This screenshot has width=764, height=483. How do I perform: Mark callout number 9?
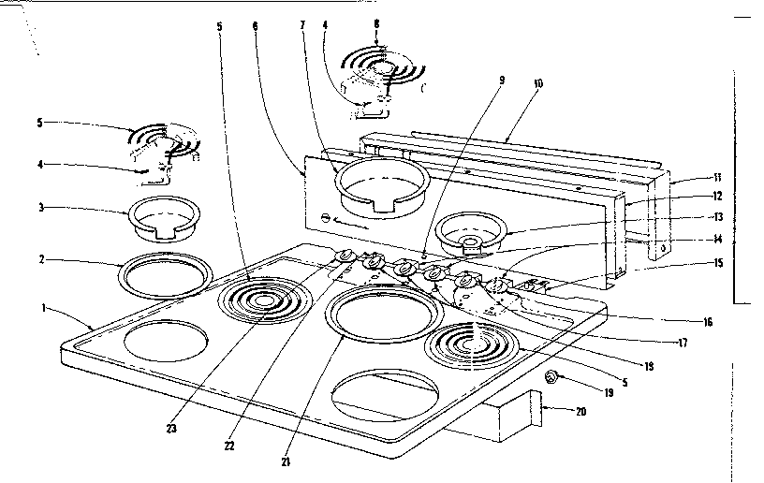501,81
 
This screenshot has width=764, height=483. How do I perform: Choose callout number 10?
538,82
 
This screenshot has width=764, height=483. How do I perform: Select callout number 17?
683,343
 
